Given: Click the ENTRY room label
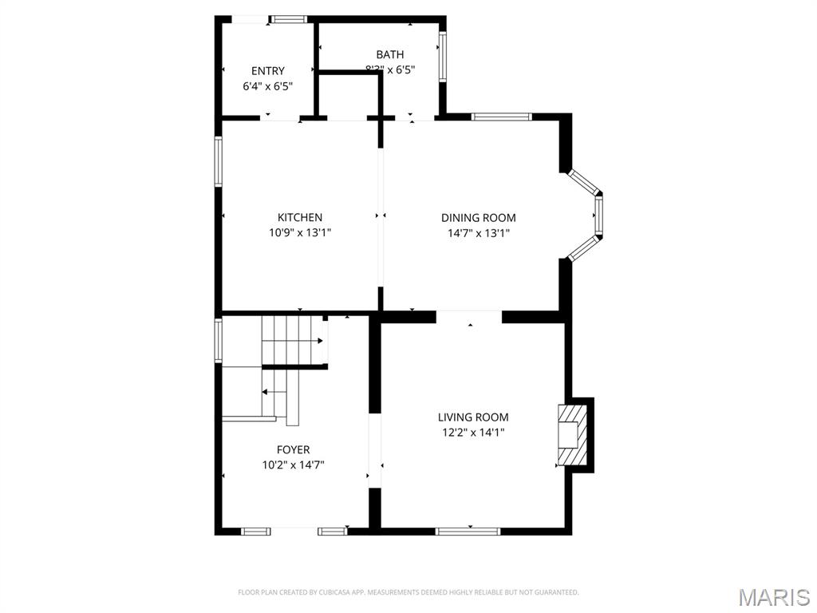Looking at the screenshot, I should tap(268, 71).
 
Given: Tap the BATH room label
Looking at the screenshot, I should tap(390, 54).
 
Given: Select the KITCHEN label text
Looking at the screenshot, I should tap(300, 217).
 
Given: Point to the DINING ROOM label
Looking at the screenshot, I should tap(479, 217).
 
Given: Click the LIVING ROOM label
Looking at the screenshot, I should tap(473, 417).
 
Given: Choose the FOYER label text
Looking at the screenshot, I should tap(293, 449).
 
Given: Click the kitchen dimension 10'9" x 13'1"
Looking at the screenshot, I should tap(300, 233).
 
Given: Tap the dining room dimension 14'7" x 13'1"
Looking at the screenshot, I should tap(479, 233).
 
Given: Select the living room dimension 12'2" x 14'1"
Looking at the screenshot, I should tap(473, 433).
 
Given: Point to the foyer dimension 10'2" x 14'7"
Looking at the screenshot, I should tap(293, 465).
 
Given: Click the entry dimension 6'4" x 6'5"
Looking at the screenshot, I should tap(268, 85).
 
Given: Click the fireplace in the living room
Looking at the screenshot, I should tap(573, 435).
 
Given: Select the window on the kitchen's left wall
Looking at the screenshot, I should tap(218, 163).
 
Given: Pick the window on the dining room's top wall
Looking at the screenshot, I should tap(501, 117).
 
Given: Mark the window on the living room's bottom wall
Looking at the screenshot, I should tap(468, 531).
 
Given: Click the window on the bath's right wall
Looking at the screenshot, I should tap(441, 57).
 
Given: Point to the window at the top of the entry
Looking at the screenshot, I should tap(288, 19).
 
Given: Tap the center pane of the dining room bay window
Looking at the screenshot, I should tap(598, 215).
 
